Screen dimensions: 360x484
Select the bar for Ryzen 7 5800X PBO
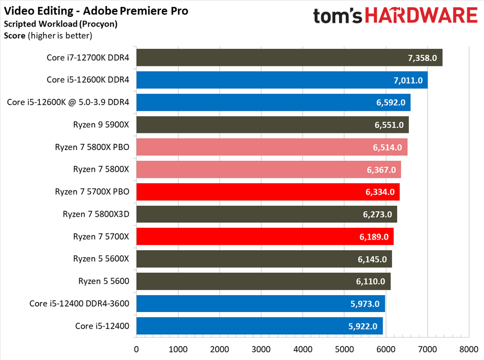click(x=272, y=147)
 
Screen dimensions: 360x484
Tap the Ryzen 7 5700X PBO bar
click(x=268, y=192)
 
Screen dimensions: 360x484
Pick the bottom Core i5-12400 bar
click(x=259, y=326)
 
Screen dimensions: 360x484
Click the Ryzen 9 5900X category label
click(x=99, y=124)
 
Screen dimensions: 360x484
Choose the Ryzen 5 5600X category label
click(x=101, y=259)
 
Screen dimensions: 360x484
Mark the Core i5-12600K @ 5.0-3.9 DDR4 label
click(x=68, y=102)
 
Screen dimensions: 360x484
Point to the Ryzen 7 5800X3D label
click(x=96, y=214)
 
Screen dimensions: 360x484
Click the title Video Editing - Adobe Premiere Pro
click(x=96, y=10)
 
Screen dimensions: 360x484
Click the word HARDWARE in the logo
click(x=421, y=15)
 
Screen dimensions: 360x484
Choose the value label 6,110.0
click(x=371, y=281)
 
